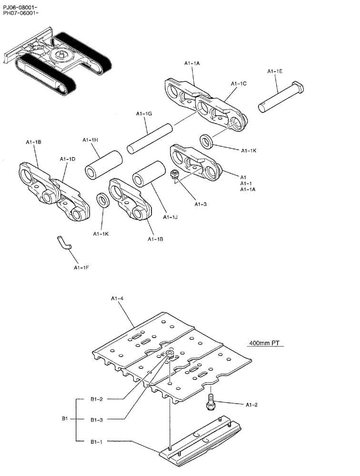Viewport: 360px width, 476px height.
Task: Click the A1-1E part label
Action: pos(275,71)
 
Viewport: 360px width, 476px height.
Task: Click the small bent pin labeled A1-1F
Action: pos(63,243)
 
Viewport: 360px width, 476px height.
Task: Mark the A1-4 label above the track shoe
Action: pos(118,298)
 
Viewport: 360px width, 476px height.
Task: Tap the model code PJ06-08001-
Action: pos(20,6)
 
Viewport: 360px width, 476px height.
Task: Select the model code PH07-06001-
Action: pos(20,13)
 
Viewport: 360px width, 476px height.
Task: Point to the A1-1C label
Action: pos(239,84)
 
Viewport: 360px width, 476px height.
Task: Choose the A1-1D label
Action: pos(67,159)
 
